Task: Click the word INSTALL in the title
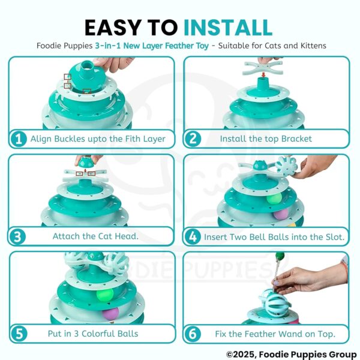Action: [227, 28]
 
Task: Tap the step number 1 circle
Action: [19, 139]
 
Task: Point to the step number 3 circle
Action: [19, 236]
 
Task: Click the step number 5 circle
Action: [19, 333]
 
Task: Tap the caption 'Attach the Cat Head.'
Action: [95, 236]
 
